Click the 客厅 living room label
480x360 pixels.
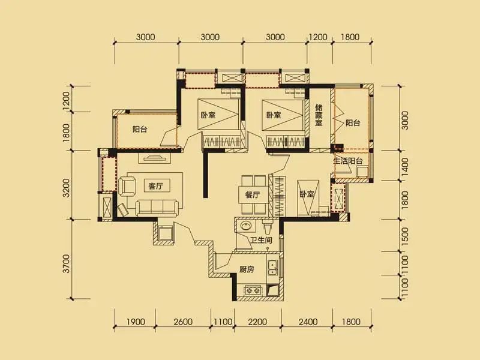(x=155, y=186)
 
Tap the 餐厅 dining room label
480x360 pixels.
(x=253, y=194)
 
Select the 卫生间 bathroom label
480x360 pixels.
(x=261, y=239)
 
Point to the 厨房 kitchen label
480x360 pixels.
(x=247, y=269)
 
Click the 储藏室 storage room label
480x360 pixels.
(x=319, y=115)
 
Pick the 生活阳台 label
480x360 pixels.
(x=348, y=161)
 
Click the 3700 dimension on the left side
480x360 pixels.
(x=66, y=263)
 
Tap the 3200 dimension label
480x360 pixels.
(x=66, y=188)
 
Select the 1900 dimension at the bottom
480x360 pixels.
(x=136, y=322)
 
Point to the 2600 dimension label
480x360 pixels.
(x=183, y=322)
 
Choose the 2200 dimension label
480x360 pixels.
(x=257, y=322)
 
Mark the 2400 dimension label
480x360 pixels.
(x=308, y=322)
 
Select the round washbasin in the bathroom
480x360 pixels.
(x=245, y=226)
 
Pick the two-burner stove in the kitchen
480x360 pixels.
(x=253, y=290)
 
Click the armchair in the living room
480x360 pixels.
(x=127, y=187)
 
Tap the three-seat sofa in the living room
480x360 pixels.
(x=157, y=208)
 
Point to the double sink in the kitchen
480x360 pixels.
(x=272, y=267)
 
